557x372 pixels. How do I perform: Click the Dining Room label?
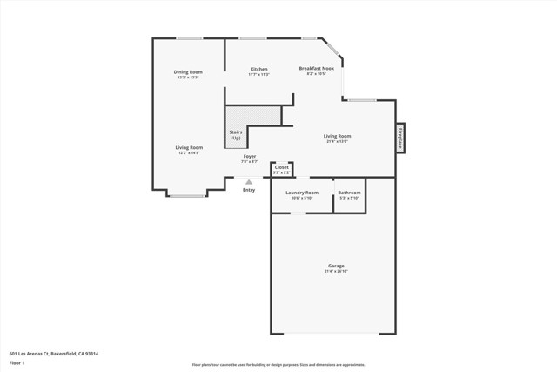188,71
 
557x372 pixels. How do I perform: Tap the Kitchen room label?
259,69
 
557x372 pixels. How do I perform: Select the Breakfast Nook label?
317,68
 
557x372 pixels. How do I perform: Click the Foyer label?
250,156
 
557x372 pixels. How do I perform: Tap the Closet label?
281,167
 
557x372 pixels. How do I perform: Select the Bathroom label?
349,192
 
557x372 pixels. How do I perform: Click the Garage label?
336,266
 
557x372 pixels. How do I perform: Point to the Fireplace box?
401,139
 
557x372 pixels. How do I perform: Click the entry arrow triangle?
249,182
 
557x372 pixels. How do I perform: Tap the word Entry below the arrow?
249,190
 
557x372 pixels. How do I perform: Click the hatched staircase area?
253,116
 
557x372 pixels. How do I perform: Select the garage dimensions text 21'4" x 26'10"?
336,272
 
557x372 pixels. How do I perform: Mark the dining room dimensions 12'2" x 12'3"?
188,78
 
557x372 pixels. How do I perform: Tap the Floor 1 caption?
17,362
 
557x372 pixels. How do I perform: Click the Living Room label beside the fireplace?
337,136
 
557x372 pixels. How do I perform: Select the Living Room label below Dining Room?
189,147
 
